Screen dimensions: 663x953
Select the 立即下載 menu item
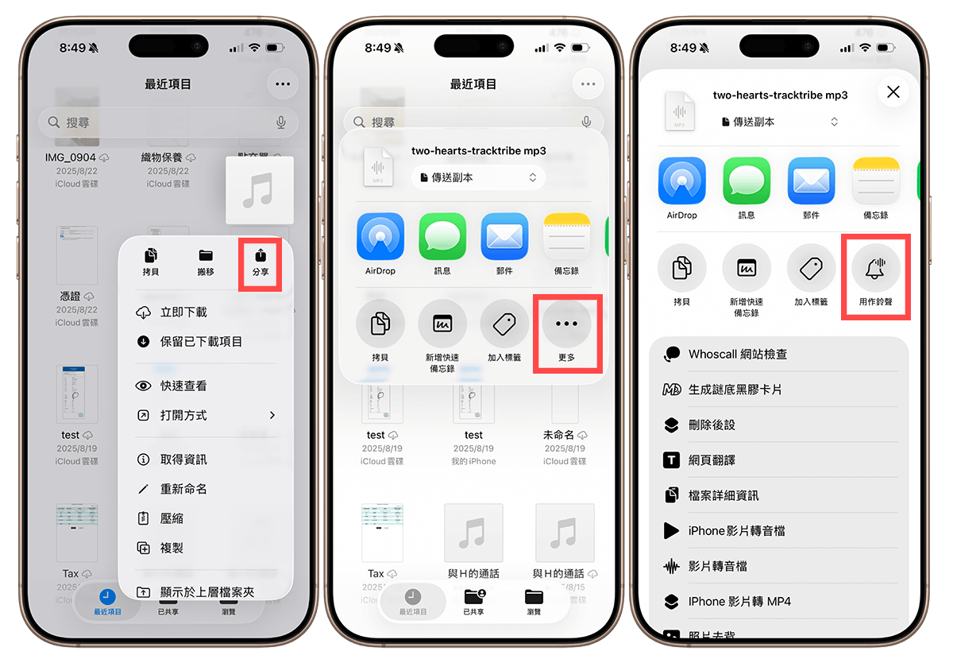(183, 312)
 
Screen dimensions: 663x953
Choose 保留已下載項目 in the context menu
(200, 342)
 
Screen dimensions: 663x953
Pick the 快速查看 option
(183, 386)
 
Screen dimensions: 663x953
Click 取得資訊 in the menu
(183, 459)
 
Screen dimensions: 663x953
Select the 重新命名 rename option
(183, 489)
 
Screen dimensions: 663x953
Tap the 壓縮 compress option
(172, 518)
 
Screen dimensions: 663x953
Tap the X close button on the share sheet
(893, 92)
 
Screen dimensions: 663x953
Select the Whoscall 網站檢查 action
(737, 355)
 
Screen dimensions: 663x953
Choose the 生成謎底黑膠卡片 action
(735, 390)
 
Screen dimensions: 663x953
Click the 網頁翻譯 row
(712, 460)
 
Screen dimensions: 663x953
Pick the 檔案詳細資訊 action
(723, 495)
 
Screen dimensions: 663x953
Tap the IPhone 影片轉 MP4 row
(739, 601)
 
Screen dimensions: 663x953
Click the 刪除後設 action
(712, 425)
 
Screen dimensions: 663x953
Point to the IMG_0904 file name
(71, 157)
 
